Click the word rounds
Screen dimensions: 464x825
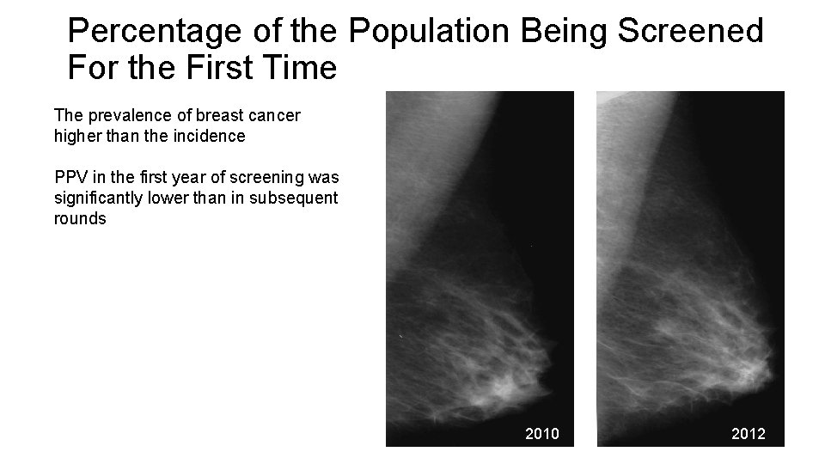tap(79, 219)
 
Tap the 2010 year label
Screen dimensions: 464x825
tap(541, 434)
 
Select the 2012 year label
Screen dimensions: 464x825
tap(748, 434)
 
